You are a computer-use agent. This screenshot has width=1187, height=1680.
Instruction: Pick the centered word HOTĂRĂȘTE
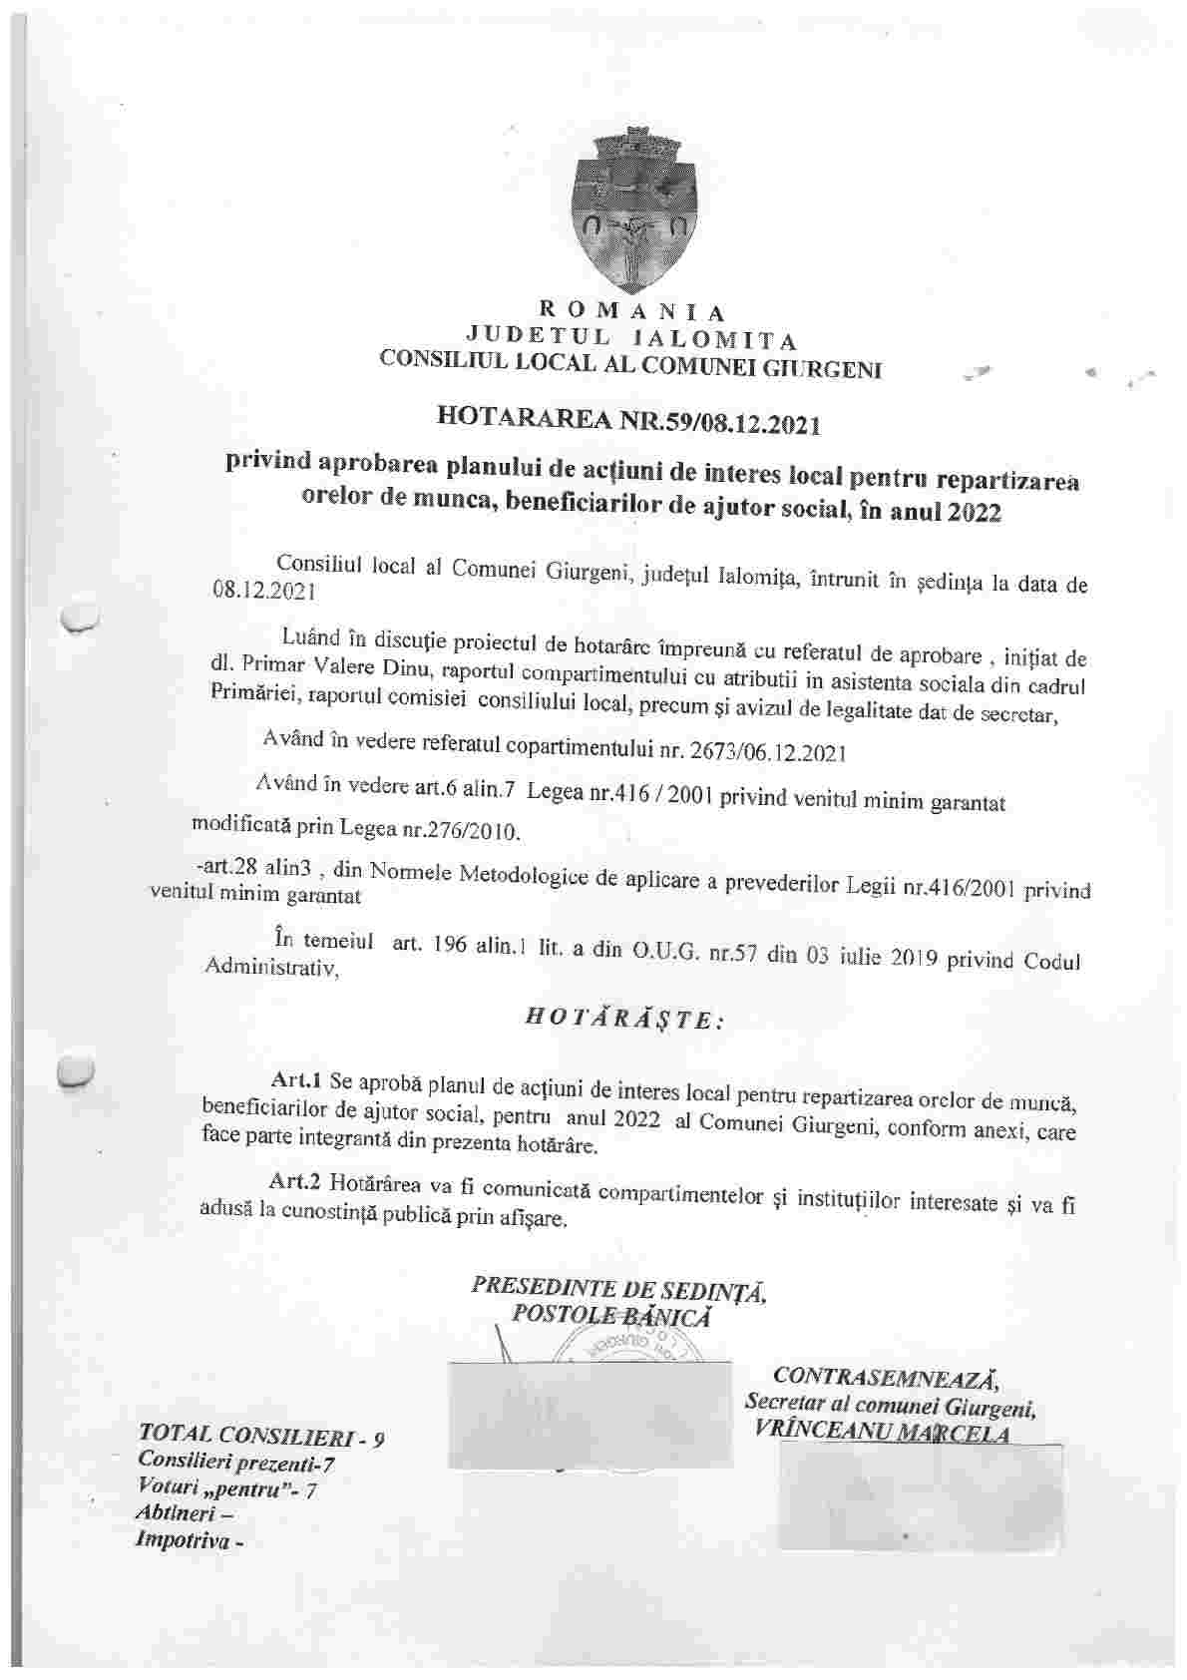pos(617,1019)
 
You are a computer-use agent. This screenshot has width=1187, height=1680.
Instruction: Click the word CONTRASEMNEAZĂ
pos(886,1378)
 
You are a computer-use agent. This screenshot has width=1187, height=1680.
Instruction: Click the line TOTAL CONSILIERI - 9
pos(262,1437)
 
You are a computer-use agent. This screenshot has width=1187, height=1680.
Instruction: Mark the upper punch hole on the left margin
pos(78,616)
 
